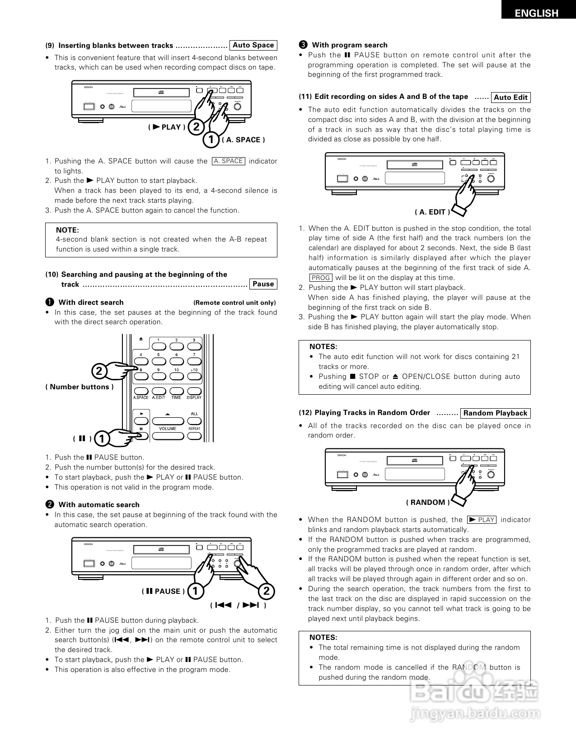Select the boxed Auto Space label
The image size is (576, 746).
[253, 45]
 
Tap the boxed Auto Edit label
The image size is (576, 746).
[510, 97]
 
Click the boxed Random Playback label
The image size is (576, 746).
[495, 413]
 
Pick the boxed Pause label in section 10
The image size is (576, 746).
[263, 284]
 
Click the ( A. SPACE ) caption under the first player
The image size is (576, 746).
[243, 140]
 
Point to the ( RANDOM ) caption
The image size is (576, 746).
[427, 502]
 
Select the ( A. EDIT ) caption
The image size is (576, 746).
[432, 212]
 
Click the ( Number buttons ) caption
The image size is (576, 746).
[80, 387]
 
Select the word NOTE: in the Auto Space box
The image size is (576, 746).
[67, 230]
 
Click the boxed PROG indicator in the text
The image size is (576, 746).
[321, 278]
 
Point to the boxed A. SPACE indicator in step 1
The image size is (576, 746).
[228, 161]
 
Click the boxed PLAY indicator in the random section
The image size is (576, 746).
[482, 520]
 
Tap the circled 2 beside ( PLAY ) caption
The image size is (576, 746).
[196, 127]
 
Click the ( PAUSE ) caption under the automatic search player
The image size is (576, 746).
[163, 591]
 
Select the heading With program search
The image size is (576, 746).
[349, 45]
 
